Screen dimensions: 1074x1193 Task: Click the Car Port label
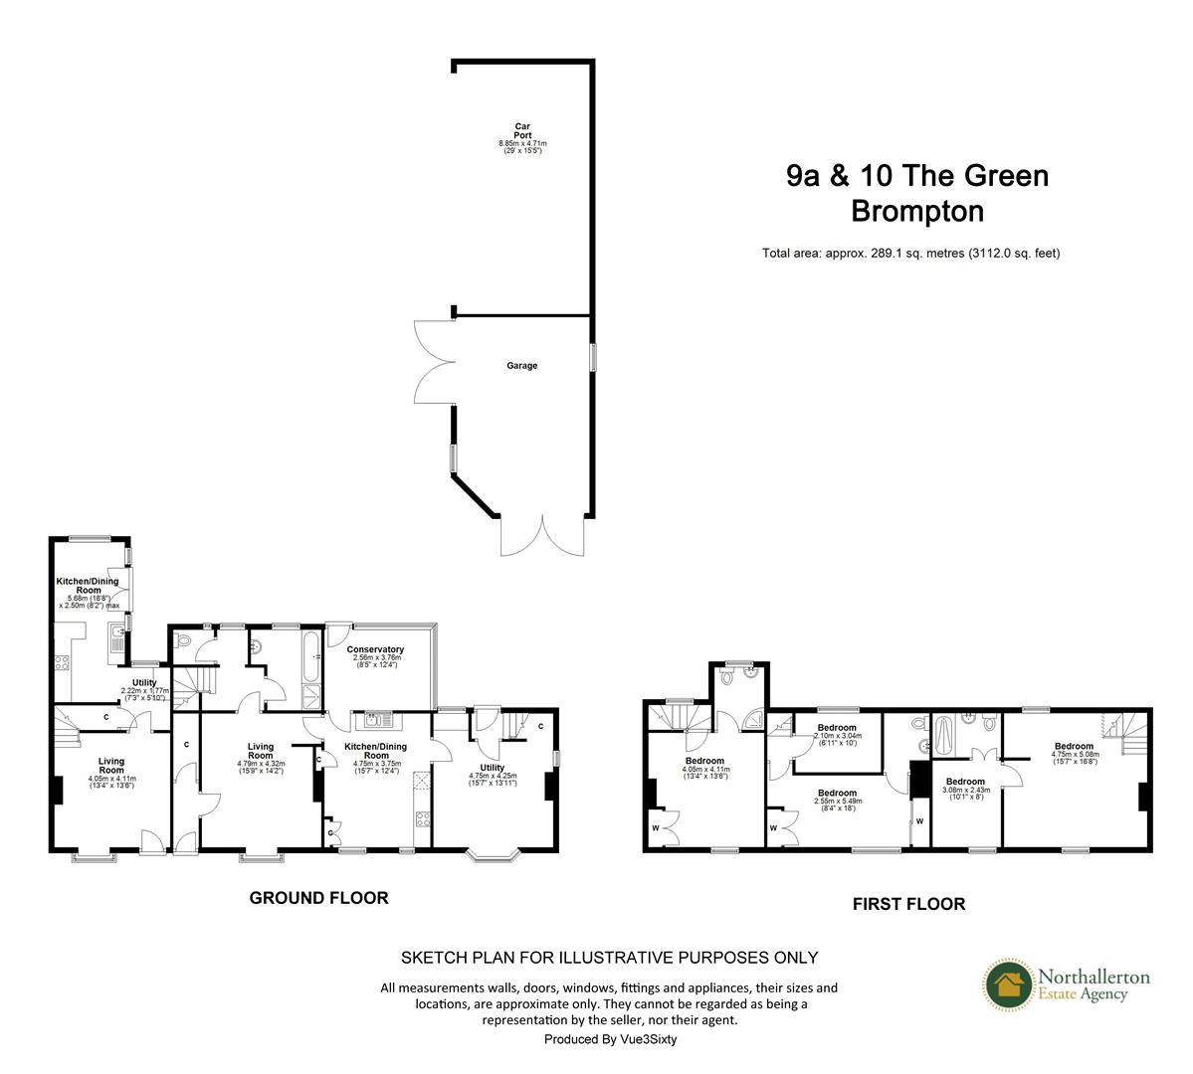coord(522,130)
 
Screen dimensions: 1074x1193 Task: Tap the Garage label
coord(522,366)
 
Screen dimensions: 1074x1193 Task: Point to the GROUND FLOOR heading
coord(318,898)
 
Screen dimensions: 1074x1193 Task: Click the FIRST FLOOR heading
coord(908,904)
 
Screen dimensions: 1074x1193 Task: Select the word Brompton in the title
coord(917,211)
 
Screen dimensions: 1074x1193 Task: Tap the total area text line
coord(910,253)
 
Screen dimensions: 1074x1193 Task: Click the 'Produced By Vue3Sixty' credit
coord(610,1038)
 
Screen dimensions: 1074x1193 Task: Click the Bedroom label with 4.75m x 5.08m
coord(1074,746)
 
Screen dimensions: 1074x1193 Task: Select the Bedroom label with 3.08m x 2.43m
coord(965,782)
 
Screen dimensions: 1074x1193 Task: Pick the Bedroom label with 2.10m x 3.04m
coord(837,728)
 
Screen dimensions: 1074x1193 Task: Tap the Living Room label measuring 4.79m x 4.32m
coord(261,752)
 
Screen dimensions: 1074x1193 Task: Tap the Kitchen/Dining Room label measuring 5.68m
coord(88,586)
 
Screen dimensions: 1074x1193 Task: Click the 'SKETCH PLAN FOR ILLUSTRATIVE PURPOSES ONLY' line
coord(609,958)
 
